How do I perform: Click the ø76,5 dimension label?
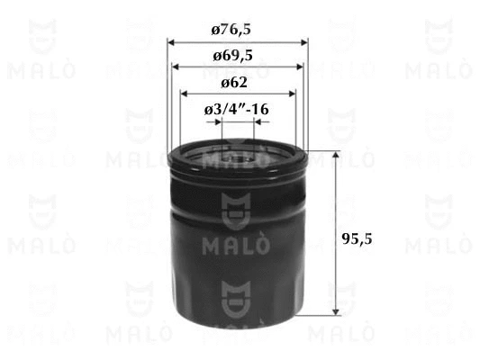(231, 30)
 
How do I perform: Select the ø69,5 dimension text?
(232, 56)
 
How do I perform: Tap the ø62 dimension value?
(234, 83)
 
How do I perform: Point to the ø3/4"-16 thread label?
(236, 109)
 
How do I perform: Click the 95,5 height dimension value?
(357, 238)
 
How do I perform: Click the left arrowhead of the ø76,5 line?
(171, 42)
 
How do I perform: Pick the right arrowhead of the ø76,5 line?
(304, 42)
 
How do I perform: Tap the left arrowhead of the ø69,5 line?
(176, 67)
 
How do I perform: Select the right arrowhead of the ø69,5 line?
(300, 67)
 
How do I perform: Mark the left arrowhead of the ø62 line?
(184, 94)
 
